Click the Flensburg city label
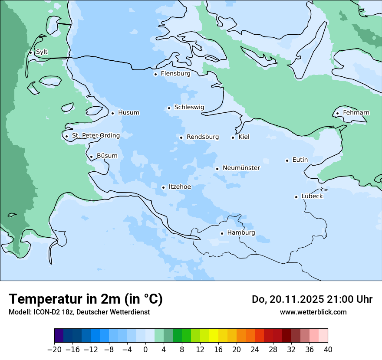[175, 74]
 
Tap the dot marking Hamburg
[222, 233]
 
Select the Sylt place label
[42, 52]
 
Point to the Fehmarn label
[356, 113]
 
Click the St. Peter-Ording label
[95, 136]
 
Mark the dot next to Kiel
[233, 137]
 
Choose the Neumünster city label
[241, 168]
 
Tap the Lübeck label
[312, 196]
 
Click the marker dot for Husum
[112, 113]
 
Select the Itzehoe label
[180, 187]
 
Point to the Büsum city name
[107, 156]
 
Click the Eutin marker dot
[287, 160]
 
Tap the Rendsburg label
[203, 137]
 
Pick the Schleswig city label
[189, 107]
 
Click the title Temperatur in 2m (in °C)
[86, 299]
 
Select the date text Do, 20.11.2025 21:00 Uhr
[312, 299]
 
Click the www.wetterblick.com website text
[313, 312]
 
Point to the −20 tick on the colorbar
[55, 350]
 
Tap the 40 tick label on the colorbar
[328, 350]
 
